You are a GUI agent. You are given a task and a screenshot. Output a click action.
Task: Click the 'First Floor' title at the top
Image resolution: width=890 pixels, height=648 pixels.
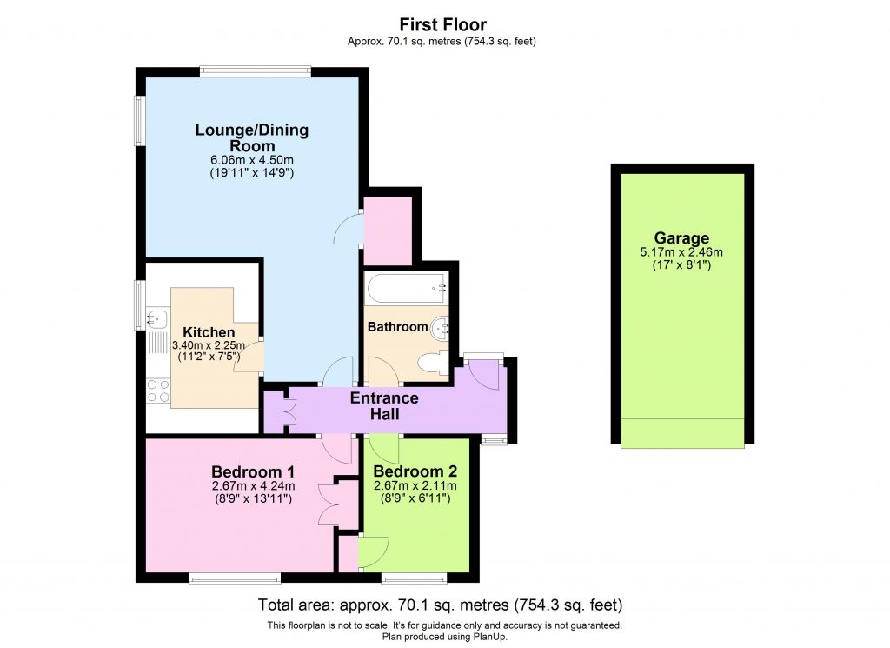tap(444, 24)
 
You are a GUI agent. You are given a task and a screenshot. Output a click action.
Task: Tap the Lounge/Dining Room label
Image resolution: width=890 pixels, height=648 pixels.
tap(251, 138)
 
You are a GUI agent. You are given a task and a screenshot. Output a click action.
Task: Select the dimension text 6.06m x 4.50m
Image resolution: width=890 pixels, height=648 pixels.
tap(251, 160)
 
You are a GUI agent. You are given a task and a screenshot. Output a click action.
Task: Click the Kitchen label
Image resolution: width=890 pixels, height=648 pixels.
tap(209, 332)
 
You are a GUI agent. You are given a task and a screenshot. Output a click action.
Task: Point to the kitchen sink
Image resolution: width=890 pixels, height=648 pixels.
tap(157, 318)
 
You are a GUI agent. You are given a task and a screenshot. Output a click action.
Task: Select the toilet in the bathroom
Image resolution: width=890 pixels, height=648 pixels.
tap(431, 363)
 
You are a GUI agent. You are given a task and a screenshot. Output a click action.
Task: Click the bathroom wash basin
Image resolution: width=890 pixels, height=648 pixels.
tap(443, 327)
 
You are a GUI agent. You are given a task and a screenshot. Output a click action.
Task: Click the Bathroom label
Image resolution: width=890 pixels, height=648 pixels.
tap(397, 327)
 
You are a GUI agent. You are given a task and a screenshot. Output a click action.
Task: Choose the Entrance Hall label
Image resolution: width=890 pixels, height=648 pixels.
tap(384, 406)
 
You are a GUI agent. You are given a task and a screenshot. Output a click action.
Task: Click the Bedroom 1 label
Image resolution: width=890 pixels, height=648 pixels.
tap(251, 472)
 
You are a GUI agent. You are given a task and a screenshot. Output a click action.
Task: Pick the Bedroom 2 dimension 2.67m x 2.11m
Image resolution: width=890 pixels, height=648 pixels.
tap(415, 486)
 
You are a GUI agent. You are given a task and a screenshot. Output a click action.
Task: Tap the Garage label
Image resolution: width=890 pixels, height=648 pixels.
tap(681, 238)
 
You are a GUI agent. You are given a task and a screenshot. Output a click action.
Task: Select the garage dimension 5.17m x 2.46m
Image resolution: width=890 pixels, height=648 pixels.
tap(681, 252)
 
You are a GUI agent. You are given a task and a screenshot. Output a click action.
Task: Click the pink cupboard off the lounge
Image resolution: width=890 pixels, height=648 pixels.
tap(387, 230)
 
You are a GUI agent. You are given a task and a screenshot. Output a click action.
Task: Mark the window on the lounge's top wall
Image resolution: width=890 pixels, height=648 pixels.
tap(255, 71)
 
